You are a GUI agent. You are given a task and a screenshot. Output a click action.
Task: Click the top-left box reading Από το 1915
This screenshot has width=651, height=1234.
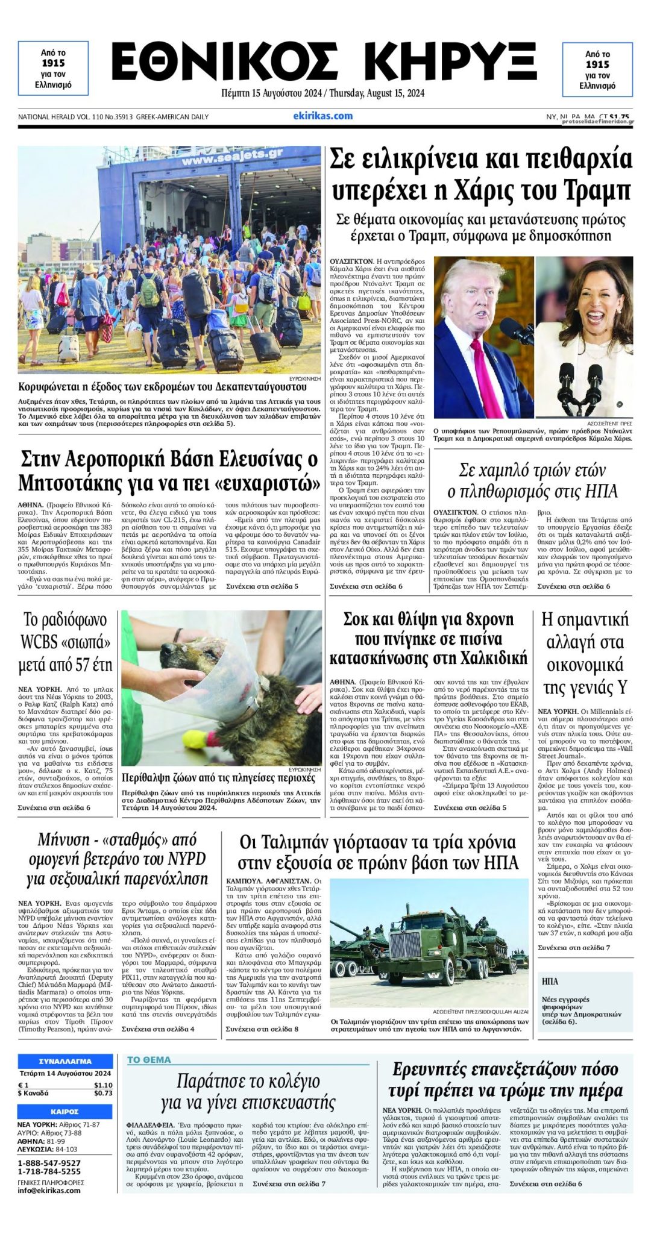click(53, 69)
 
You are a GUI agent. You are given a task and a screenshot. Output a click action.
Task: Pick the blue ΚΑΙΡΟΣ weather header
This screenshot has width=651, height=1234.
click(65, 1112)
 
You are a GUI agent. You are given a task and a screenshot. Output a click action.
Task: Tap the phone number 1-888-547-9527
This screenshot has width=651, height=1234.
click(49, 1162)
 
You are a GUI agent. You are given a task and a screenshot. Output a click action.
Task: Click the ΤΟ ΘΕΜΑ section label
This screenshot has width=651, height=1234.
click(149, 1059)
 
